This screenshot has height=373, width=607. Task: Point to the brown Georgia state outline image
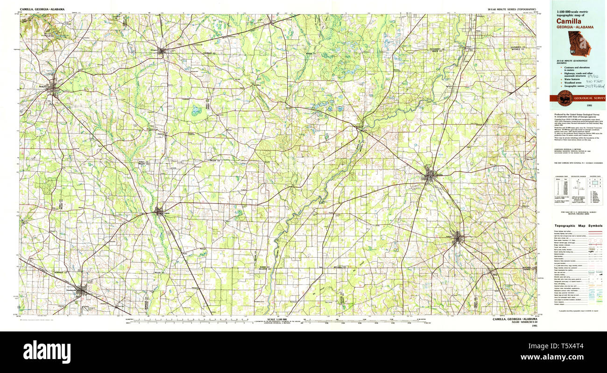pos(579,44)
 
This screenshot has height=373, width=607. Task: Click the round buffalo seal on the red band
pos(565,98)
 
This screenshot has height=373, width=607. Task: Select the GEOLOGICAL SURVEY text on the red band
pos(590,98)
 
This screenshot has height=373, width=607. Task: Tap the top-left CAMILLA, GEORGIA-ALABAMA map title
pos(42,9)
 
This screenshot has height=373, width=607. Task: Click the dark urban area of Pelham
pos(459,238)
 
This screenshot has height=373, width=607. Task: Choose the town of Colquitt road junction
pos(159,211)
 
